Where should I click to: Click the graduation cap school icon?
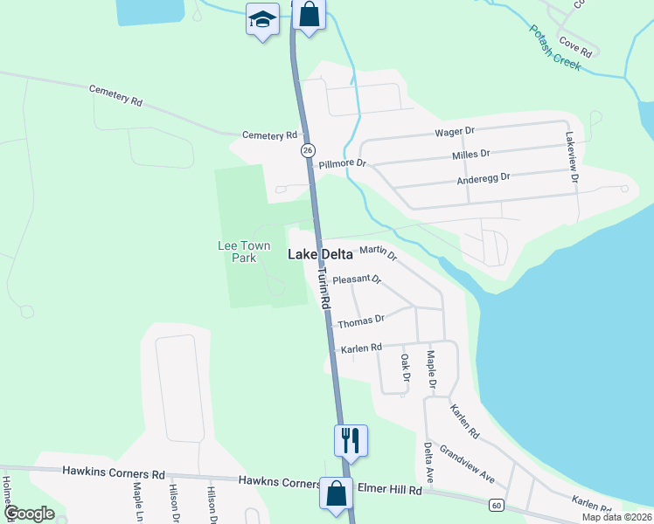[261, 19]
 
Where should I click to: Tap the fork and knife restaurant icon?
[351, 439]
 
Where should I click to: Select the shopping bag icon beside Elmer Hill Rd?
[337, 493]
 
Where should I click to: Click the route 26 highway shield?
[308, 151]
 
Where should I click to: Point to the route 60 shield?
[496, 505]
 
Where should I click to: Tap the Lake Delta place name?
[321, 255]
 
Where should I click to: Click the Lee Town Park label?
[237, 252]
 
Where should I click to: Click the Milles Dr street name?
[470, 155]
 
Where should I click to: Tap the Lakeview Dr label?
[572, 157]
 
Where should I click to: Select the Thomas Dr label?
[361, 321]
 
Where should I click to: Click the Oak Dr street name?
[405, 368]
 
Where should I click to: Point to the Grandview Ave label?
[468, 465]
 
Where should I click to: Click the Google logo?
[29, 514]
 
